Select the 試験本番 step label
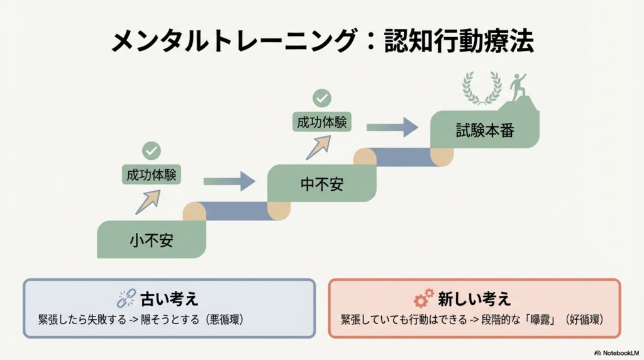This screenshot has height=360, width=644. click(484, 130)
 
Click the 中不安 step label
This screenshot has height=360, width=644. click(322, 184)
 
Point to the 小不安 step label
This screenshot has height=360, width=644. click(152, 240)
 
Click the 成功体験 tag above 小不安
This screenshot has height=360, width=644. click(151, 175)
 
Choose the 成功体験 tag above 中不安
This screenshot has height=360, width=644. click(322, 122)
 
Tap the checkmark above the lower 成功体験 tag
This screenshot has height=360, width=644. click(152, 151)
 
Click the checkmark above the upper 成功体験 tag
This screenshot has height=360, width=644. click(322, 98)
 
